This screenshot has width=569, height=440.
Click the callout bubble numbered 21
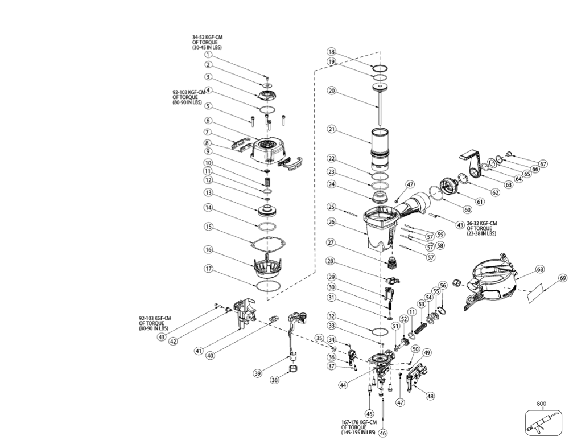coord(331,129)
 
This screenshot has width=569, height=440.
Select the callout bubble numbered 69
coord(562,278)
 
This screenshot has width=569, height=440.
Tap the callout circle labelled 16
coord(208,250)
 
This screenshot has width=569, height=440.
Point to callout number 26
coord(331,221)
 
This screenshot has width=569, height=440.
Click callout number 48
coord(430,396)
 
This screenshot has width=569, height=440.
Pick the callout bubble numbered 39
coord(258,373)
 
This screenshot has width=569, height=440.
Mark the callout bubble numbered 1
coord(208,55)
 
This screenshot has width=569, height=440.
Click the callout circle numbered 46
coord(382,433)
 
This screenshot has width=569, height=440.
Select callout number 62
coord(495,192)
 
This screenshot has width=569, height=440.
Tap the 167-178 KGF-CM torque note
coord(359,427)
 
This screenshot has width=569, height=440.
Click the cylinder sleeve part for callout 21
coord(380,147)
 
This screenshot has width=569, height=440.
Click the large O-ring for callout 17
coord(267,285)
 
